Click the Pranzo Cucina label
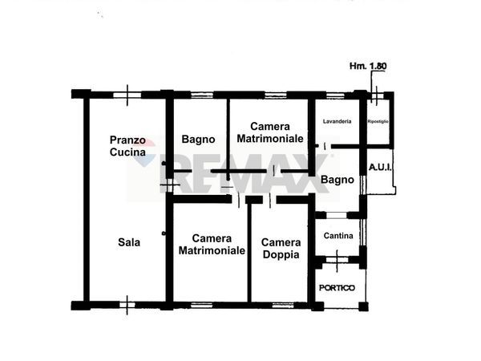127,145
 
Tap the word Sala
128,241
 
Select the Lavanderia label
337,121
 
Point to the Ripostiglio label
378,121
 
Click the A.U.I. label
380,167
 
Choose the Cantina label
338,235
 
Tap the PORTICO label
338,287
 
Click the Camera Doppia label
281,249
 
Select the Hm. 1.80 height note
369,66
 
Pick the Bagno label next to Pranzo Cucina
197,139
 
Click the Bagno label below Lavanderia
337,180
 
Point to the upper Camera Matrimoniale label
269,132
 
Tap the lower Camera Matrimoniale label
212,244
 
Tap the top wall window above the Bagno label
201,95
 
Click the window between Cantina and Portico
338,258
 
